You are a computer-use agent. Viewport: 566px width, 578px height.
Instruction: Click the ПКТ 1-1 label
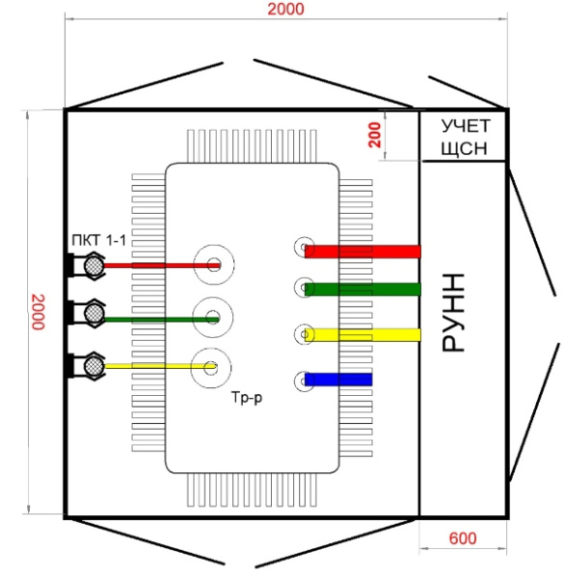[99, 240]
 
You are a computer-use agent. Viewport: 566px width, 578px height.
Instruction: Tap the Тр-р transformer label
[247, 397]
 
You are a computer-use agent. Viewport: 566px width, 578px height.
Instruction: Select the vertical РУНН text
[453, 312]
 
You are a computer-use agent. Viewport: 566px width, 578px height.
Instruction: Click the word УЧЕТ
[466, 126]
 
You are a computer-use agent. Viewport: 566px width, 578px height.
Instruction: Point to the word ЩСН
[464, 148]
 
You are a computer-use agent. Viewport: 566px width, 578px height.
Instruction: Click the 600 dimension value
[463, 539]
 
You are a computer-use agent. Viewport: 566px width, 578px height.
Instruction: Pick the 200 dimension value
[374, 135]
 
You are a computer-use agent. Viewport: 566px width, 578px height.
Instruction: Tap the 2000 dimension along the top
[286, 10]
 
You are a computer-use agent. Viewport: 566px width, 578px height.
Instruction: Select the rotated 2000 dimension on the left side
[38, 312]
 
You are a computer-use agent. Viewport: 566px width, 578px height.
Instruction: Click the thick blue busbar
[338, 380]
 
